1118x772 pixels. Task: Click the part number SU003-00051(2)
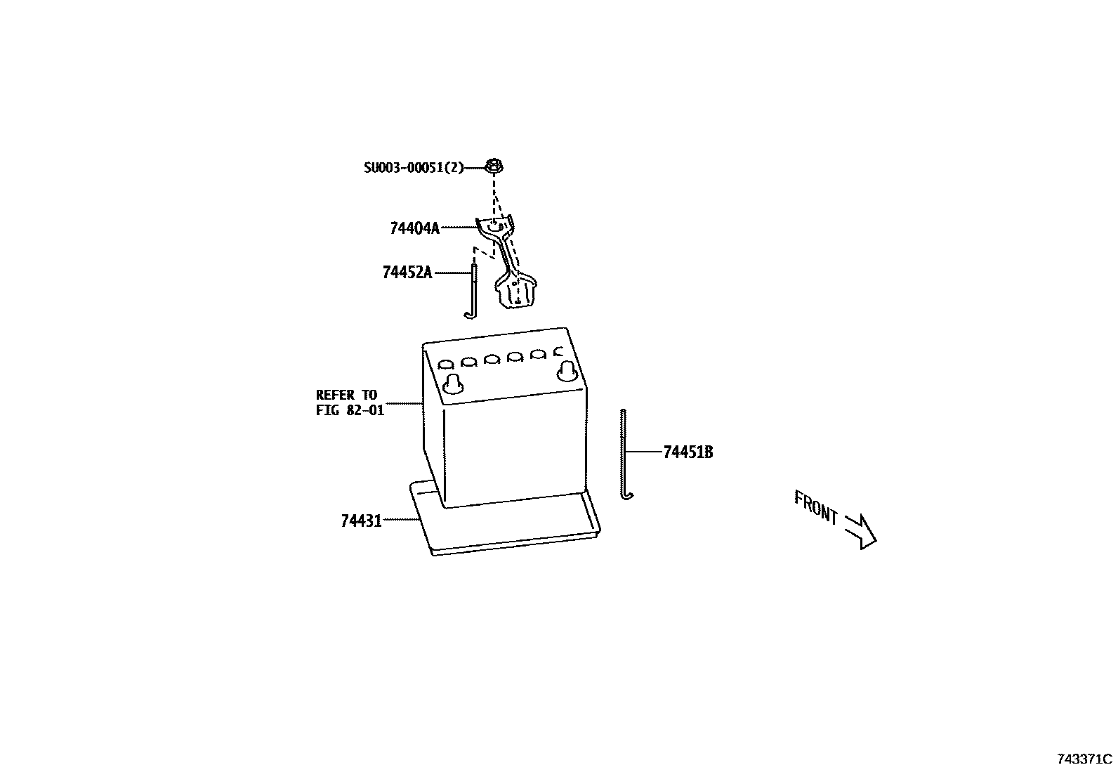point(414,168)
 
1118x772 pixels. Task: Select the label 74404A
point(414,228)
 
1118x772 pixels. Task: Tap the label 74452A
point(407,273)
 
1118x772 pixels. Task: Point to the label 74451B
point(688,452)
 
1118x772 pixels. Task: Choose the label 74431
point(361,521)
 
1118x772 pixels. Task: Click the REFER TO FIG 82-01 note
point(350,403)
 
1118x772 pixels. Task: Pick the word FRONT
point(816,507)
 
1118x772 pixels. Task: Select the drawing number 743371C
point(1085,759)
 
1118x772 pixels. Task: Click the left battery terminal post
point(453,382)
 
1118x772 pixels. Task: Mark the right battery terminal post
point(567,371)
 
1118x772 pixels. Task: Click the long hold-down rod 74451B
point(623,450)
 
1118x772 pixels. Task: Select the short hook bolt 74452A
point(474,288)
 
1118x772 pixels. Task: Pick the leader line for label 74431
point(401,520)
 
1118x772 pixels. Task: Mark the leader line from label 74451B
point(643,452)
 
